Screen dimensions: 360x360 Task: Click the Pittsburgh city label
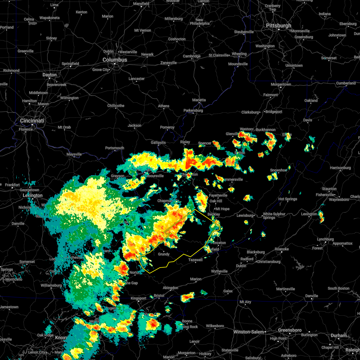tap(278, 26)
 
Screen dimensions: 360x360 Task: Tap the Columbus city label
tap(115, 60)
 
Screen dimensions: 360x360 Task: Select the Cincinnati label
tap(32, 121)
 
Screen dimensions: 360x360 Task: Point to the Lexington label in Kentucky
tap(33, 195)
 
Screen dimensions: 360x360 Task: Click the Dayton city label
tap(49, 75)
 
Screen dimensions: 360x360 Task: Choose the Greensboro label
tap(289, 330)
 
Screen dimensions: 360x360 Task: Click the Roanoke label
tap(282, 249)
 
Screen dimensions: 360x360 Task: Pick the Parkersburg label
tap(193, 110)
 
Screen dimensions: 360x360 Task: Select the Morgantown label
tap(281, 84)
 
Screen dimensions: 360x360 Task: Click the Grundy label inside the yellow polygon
tap(164, 254)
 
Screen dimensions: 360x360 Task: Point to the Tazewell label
tap(195, 260)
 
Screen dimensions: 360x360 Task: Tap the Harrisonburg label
tap(340, 168)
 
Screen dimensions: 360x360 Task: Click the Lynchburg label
tap(325, 239)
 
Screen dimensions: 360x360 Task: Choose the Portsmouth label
tap(115, 148)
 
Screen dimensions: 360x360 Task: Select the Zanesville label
tap(169, 63)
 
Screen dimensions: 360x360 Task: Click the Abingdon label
tap(170, 288)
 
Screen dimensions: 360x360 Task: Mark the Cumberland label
tap(346, 83)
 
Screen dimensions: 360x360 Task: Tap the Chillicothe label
tap(116, 106)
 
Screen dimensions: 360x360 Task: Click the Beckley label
tap(214, 214)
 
